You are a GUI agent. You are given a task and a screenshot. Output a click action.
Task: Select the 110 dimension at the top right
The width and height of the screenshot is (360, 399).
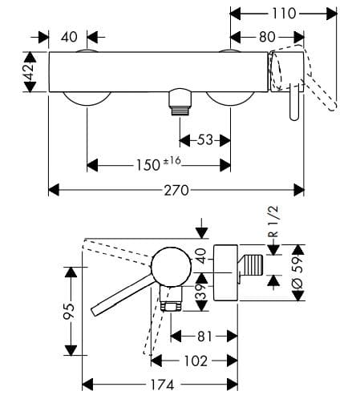tap(284, 13)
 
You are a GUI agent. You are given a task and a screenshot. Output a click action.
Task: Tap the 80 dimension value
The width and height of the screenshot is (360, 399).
tap(268, 36)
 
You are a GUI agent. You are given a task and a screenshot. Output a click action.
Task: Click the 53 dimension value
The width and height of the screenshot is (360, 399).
tap(204, 140)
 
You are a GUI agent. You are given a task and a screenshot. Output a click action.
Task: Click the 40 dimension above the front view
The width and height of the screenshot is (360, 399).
tap(68, 36)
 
